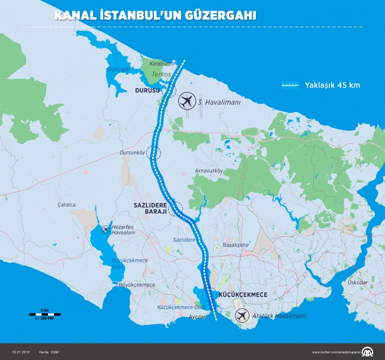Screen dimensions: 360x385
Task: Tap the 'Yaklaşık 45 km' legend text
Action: click(x=332, y=85)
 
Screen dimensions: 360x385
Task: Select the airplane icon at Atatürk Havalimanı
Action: click(x=242, y=316)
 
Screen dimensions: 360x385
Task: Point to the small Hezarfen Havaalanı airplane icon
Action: click(x=105, y=228)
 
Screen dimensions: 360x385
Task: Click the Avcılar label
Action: click(x=197, y=317)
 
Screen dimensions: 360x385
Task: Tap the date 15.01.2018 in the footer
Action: click(x=21, y=353)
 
